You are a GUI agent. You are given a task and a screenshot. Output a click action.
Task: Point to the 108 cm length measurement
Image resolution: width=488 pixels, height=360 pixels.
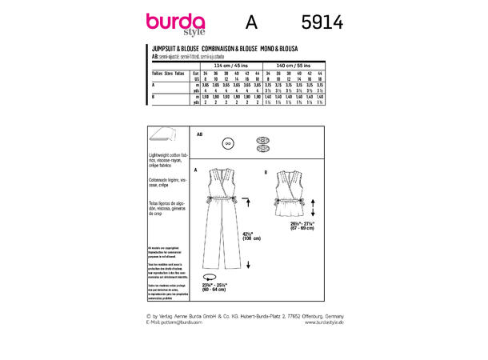point(251,238)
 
